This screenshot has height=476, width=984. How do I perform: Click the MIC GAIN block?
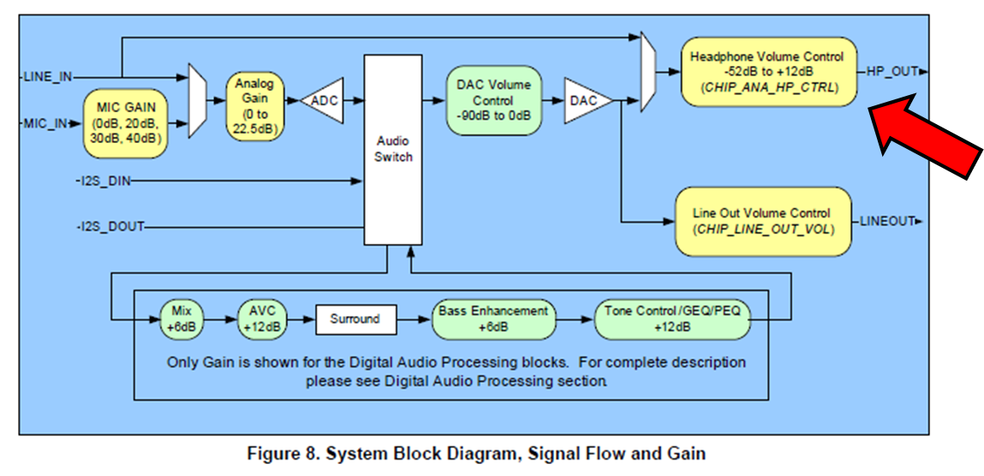[125, 123]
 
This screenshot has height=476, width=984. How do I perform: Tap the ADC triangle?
[324, 101]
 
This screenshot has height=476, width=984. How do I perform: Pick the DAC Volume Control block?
[493, 100]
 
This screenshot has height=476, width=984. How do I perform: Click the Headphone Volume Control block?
[767, 72]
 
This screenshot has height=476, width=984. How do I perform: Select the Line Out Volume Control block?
[763, 221]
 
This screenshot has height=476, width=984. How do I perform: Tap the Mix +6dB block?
[182, 318]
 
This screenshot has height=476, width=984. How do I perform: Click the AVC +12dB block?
[262, 318]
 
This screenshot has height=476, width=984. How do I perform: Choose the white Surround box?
[355, 319]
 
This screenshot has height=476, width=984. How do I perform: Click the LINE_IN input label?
[49, 77]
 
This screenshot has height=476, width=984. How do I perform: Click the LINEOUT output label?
[888, 222]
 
